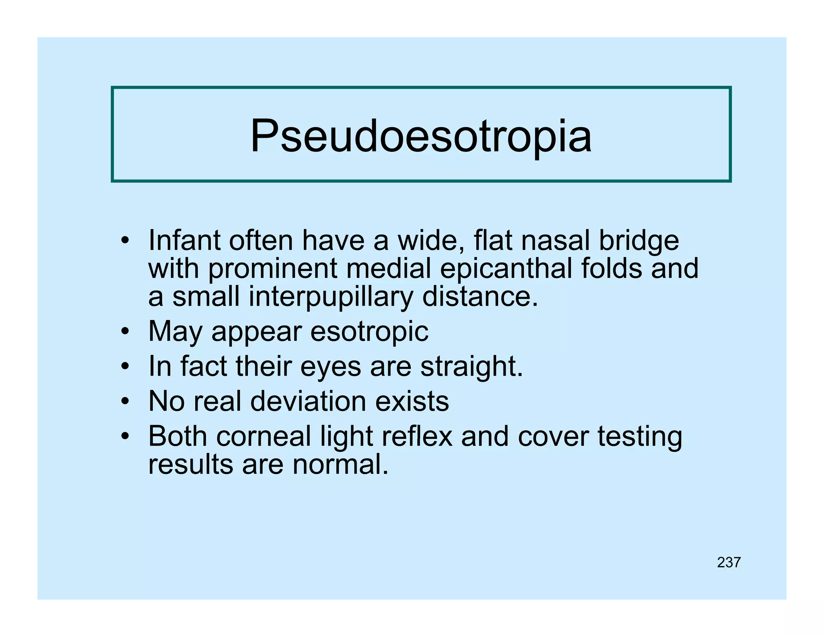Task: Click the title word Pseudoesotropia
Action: [x=421, y=136]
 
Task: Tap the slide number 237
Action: [x=729, y=563]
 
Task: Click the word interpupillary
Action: [x=331, y=297]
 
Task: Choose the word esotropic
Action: [x=369, y=332]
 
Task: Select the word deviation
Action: [x=308, y=401]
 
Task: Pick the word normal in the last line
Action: [x=340, y=465]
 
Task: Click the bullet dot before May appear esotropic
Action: [x=126, y=331]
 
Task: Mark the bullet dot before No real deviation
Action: [x=126, y=401]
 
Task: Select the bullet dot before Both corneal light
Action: [x=126, y=436]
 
